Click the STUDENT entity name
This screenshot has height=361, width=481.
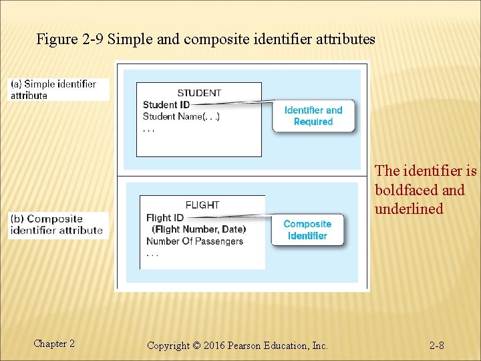pyautogui.click(x=199, y=93)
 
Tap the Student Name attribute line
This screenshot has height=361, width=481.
pyautogui.click(x=181, y=116)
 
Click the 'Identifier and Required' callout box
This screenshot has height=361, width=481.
pyautogui.click(x=313, y=116)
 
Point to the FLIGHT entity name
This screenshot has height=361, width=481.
pyautogui.click(x=202, y=205)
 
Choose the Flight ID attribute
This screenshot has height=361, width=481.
pyautogui.click(x=164, y=217)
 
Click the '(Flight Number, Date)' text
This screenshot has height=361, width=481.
pyautogui.click(x=198, y=229)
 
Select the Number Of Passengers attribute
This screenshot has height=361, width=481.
pyautogui.click(x=194, y=241)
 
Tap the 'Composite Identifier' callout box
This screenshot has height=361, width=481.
pyautogui.click(x=307, y=229)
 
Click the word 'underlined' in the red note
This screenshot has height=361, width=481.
pyautogui.click(x=409, y=209)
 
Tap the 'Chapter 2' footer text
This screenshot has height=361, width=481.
pyautogui.click(x=54, y=344)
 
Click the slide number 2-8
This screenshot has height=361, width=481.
pyautogui.click(x=437, y=345)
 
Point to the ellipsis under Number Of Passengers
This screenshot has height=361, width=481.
pyautogui.click(x=152, y=253)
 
